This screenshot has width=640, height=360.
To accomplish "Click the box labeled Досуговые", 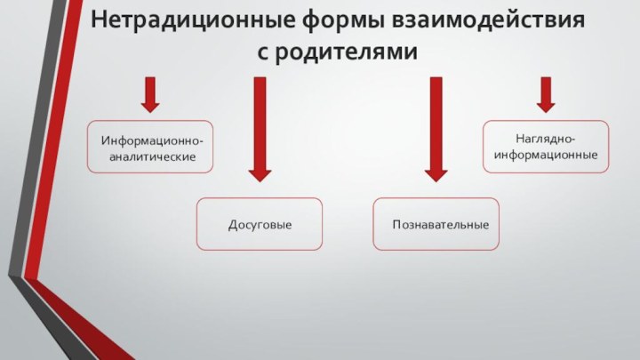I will [x=260, y=224].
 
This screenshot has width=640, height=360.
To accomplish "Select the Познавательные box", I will [x=436, y=224].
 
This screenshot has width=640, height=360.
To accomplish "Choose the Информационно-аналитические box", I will [x=150, y=147].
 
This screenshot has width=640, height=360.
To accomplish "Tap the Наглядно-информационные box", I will [x=546, y=147].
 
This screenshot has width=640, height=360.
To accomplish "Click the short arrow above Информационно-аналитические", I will [x=150, y=94].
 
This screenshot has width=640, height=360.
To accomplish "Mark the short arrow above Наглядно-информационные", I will [x=546, y=94].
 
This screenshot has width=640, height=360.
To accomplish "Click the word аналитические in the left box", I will [x=151, y=156].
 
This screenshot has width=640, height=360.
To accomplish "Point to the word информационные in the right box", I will [x=546, y=156].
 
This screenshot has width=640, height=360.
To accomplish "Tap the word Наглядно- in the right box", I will [x=546, y=139].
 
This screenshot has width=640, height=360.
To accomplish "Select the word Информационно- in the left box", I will [x=151, y=140].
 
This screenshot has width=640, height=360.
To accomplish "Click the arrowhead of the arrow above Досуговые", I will [x=260, y=172].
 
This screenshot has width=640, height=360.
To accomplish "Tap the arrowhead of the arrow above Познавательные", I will [x=436, y=172].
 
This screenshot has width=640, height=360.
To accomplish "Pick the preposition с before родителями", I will [x=263, y=52].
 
